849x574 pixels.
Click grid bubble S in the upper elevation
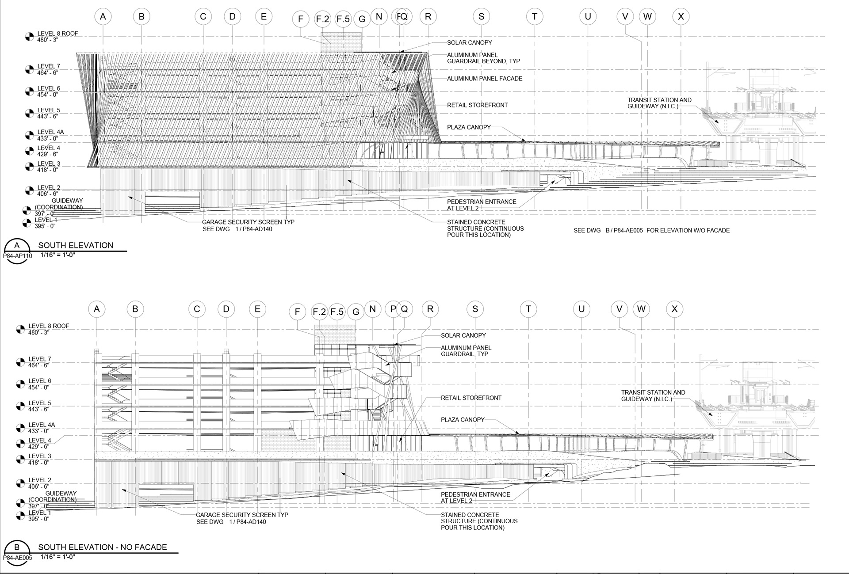[x=481, y=17]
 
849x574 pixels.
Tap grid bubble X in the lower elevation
[x=674, y=309]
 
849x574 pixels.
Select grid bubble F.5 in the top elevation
[x=343, y=19]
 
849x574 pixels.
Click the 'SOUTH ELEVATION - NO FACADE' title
[x=103, y=547]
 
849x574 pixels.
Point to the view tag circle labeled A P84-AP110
[x=17, y=250]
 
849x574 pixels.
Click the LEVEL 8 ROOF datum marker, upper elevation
[x=29, y=37]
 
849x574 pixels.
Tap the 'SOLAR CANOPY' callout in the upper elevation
[x=469, y=43]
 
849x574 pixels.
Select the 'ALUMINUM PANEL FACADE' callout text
[x=484, y=79]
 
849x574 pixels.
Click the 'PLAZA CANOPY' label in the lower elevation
[x=463, y=420]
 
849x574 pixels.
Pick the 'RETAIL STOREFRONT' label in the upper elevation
[x=477, y=105]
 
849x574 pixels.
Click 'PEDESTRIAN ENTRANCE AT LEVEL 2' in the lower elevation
[x=475, y=498]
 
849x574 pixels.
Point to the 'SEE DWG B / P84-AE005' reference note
[x=651, y=231]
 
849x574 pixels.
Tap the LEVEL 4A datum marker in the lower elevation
[x=20, y=428]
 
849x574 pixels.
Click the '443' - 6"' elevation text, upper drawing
[x=48, y=117]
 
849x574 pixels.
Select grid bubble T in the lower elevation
[x=528, y=309]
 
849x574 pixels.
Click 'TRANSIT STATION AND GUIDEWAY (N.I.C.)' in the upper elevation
[x=659, y=103]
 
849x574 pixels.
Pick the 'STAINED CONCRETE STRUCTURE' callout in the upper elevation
[x=485, y=228]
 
